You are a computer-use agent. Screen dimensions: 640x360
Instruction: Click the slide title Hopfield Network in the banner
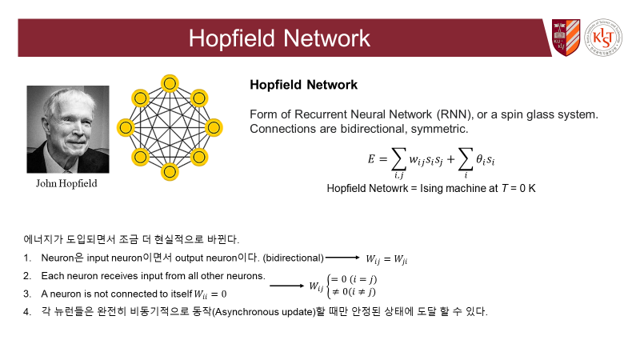(x=279, y=38)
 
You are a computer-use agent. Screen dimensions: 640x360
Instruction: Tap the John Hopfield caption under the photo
(x=68, y=183)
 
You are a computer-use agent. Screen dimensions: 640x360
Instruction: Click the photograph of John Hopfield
(x=68, y=129)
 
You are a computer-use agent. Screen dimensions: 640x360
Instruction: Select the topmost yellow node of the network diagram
(x=169, y=82)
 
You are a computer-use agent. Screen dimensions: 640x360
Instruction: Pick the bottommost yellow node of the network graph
(x=169, y=171)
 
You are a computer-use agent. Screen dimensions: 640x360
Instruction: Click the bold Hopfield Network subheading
(x=303, y=84)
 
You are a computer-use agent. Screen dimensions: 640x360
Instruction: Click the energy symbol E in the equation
(x=371, y=159)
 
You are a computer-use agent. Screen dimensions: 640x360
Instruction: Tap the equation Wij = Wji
(x=392, y=258)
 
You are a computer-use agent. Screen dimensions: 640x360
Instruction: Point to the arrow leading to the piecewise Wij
(x=286, y=284)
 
